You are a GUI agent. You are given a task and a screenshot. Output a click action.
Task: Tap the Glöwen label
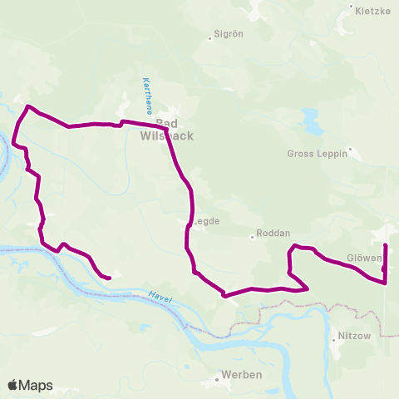point(363,258)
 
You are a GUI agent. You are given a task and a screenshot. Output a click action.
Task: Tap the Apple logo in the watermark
point(13,385)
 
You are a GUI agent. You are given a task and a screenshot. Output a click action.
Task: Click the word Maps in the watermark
point(37,386)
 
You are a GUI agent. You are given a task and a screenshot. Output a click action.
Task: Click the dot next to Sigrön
point(211,38)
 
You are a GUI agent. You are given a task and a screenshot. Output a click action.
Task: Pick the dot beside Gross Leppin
point(352,150)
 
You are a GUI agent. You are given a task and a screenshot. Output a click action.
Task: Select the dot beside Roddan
point(253,236)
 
